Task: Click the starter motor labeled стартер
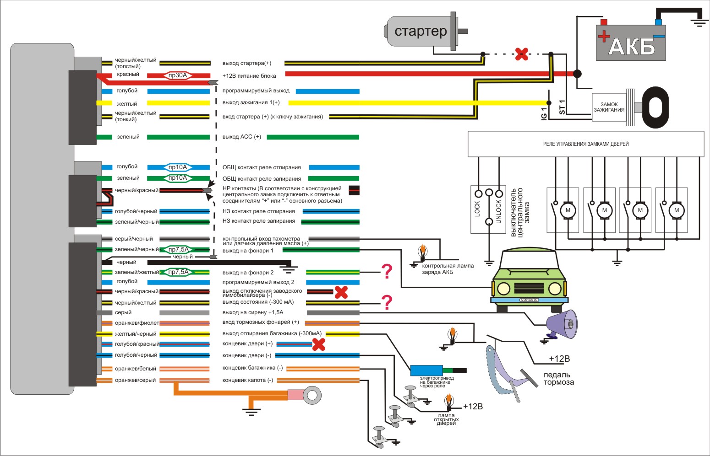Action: tap(421, 31)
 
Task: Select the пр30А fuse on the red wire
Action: tap(178, 75)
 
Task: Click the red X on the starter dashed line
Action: tap(521, 54)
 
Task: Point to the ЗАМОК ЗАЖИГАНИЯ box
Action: tap(609, 107)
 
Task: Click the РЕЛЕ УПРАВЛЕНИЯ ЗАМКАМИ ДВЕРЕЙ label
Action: tap(585, 144)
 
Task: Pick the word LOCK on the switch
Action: tap(477, 209)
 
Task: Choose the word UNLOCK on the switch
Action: tap(498, 211)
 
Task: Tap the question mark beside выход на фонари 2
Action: tap(387, 272)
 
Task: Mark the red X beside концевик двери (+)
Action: tap(318, 344)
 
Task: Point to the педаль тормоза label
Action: tap(558, 379)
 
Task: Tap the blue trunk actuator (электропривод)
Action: tap(426, 370)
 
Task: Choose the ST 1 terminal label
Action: tap(562, 107)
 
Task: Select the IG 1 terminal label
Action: tap(544, 114)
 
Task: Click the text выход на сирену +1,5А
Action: tap(253, 312)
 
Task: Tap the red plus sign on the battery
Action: tap(604, 36)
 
